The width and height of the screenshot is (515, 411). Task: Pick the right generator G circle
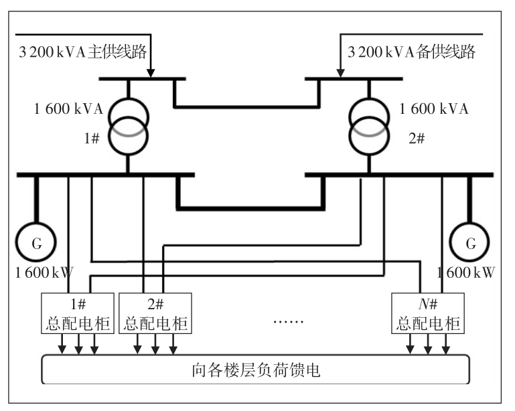[470, 244]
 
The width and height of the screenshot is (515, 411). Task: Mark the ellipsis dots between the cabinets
[289, 321]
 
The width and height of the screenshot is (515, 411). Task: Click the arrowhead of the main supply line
[152, 73]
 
